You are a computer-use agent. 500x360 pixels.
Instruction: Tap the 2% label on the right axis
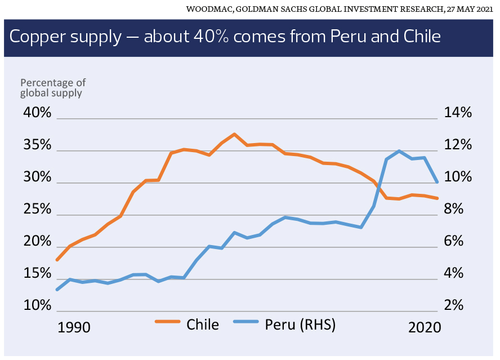pos(457,306)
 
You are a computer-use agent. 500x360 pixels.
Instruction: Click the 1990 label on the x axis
pos(74,327)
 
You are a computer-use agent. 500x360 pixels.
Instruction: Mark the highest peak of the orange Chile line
pos(234,134)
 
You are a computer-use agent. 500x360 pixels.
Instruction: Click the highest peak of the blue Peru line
pos(399,151)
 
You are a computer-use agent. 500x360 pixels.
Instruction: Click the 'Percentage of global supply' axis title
pos(53,88)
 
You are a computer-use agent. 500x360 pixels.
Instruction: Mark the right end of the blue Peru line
pos(437,182)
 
